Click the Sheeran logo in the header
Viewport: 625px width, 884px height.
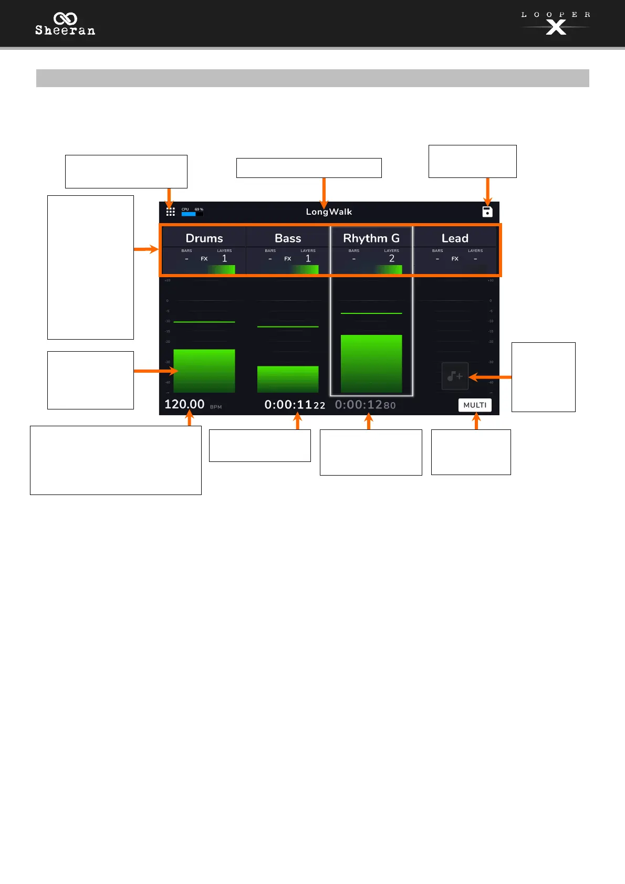click(x=65, y=24)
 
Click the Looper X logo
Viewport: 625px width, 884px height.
click(x=556, y=24)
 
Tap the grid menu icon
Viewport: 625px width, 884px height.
click(x=171, y=212)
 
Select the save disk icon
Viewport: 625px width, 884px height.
click(x=487, y=212)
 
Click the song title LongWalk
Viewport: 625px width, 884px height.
click(x=329, y=212)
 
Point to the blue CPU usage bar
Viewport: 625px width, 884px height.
click(x=189, y=214)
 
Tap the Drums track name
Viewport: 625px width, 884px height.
click(x=204, y=238)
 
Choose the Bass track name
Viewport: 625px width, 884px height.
click(x=288, y=238)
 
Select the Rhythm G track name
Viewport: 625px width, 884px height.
click(x=371, y=238)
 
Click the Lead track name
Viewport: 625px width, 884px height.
click(x=455, y=238)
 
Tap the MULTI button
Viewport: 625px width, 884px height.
click(x=475, y=405)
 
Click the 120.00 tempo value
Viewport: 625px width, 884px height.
click(x=184, y=404)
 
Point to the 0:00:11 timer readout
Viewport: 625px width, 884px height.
click(x=295, y=405)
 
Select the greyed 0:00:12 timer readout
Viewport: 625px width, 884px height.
click(x=366, y=405)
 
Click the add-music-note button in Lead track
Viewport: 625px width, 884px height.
click(x=455, y=376)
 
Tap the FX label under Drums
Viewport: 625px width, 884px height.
click(x=204, y=259)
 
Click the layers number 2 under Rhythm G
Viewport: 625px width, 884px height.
click(x=392, y=258)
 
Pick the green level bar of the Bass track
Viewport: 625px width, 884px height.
click(x=288, y=379)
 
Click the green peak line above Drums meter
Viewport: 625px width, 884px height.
click(x=204, y=322)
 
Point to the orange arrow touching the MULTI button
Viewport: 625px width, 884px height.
click(x=476, y=421)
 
